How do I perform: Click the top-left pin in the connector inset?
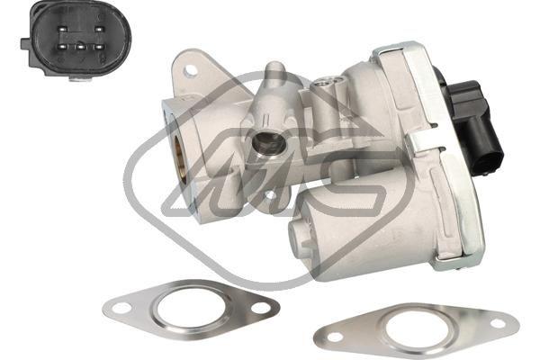pyautogui.click(x=62, y=30)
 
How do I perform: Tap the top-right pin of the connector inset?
pyautogui.click(x=98, y=30)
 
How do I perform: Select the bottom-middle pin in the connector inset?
pyautogui.click(x=81, y=46)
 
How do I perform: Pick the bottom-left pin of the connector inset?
pyautogui.click(x=62, y=46)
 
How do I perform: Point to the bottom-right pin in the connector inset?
pyautogui.click(x=99, y=46)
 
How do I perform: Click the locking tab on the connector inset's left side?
pyautogui.click(x=26, y=44)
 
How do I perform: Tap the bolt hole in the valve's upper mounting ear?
pyautogui.click(x=189, y=72)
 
